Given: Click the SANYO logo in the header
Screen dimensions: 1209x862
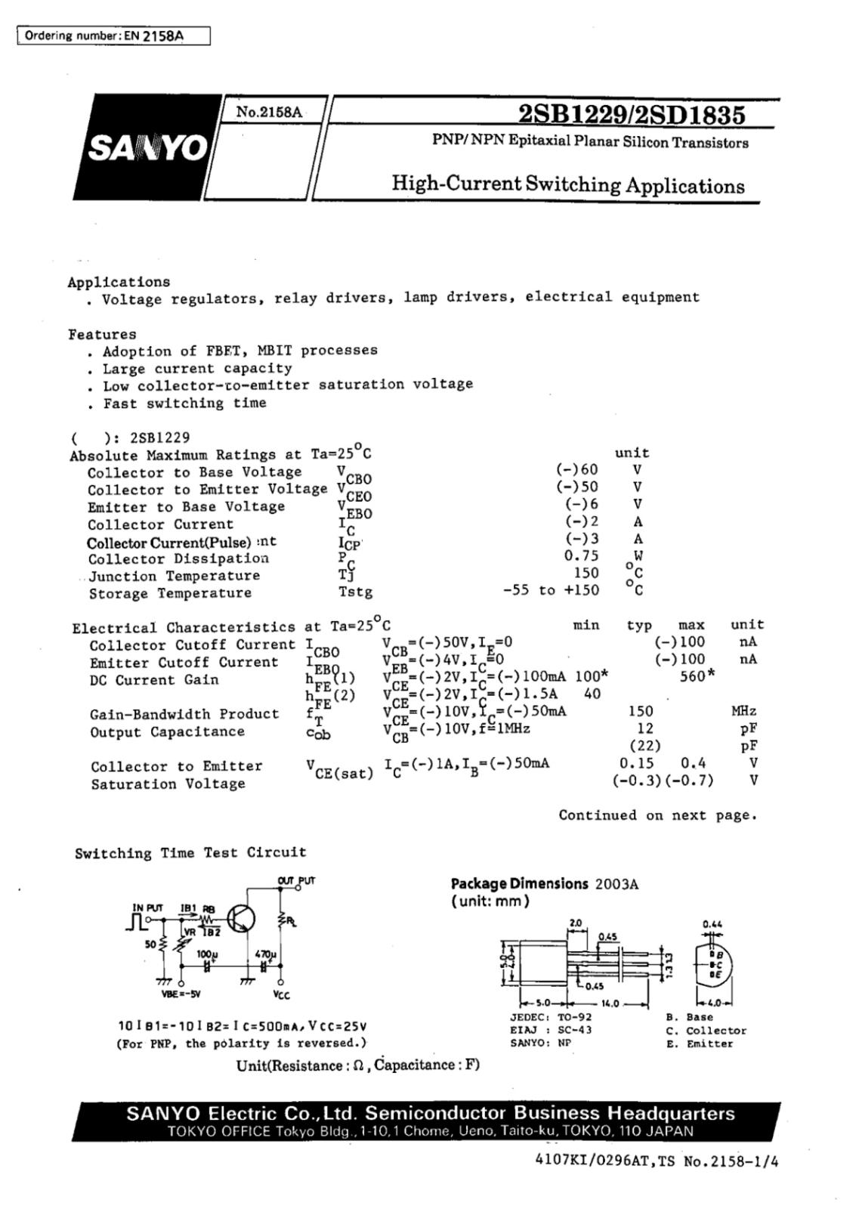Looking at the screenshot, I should click(148, 148).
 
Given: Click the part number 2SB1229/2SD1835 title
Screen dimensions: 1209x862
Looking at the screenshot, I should click(631, 114).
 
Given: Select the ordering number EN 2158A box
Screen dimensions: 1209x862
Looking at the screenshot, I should click(113, 36).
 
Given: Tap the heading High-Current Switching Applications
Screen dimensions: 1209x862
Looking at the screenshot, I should click(567, 185).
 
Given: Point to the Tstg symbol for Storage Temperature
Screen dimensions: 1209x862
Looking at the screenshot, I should click(355, 592).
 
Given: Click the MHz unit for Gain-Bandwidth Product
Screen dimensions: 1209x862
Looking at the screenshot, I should click(743, 711).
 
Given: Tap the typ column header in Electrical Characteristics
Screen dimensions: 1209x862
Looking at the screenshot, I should click(639, 626).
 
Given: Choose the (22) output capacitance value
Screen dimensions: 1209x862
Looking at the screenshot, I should click(644, 746).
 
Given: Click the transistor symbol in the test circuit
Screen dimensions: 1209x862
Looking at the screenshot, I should click(240, 919).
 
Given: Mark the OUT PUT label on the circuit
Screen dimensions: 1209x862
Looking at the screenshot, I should click(296, 880).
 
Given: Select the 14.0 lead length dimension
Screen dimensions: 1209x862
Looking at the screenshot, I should click(610, 1003).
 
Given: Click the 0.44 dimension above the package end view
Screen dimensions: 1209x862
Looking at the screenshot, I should click(712, 923).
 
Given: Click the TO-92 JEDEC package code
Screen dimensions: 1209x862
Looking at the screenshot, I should click(575, 1017).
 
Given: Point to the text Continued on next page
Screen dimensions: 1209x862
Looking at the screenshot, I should click(657, 815).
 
